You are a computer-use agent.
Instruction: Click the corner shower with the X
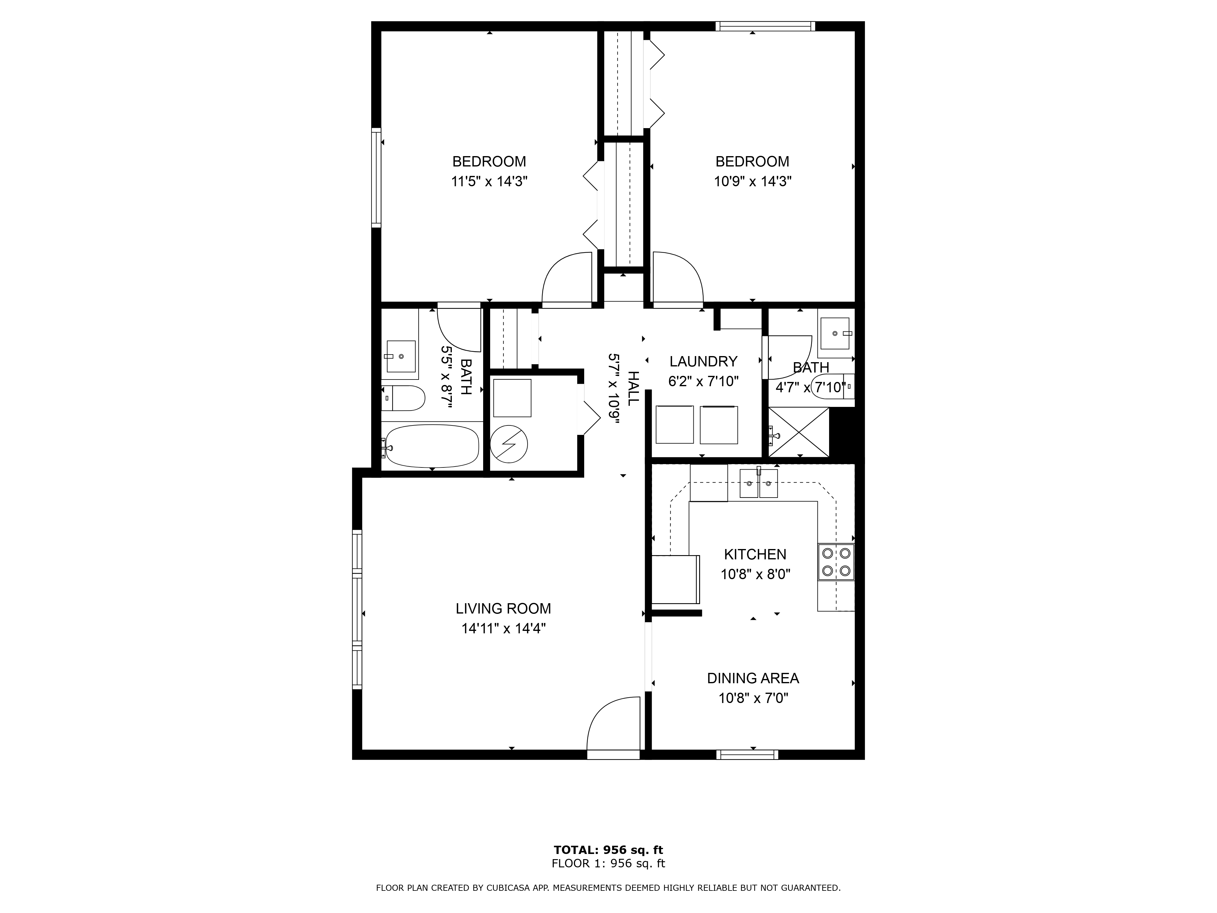(x=798, y=432)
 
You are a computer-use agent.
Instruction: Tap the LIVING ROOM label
(x=503, y=609)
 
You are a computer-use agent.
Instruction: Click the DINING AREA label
(x=753, y=679)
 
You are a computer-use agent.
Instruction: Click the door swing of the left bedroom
(x=567, y=278)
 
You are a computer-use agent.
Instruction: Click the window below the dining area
(x=747, y=754)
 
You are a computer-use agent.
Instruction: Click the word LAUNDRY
(x=703, y=362)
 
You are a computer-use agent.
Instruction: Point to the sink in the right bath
(x=835, y=334)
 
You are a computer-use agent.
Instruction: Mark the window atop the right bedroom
(x=765, y=26)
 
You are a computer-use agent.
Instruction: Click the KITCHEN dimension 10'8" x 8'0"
(x=755, y=575)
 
